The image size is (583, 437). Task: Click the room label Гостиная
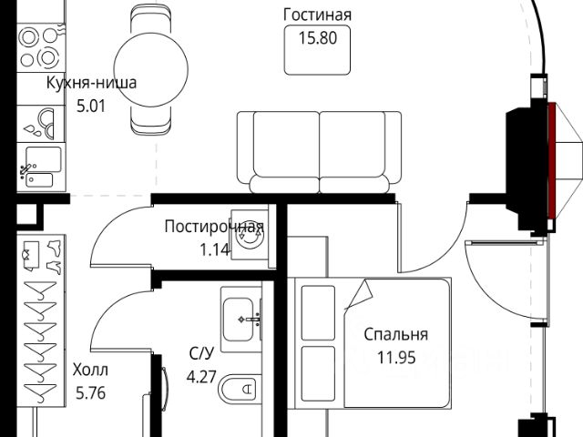click(317, 15)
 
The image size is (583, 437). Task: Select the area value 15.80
click(317, 38)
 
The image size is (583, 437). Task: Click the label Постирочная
click(214, 227)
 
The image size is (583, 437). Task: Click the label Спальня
click(395, 335)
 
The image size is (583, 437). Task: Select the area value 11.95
click(395, 358)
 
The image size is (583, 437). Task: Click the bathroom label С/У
click(201, 352)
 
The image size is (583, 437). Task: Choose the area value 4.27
click(201, 375)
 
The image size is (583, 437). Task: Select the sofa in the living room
click(319, 151)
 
